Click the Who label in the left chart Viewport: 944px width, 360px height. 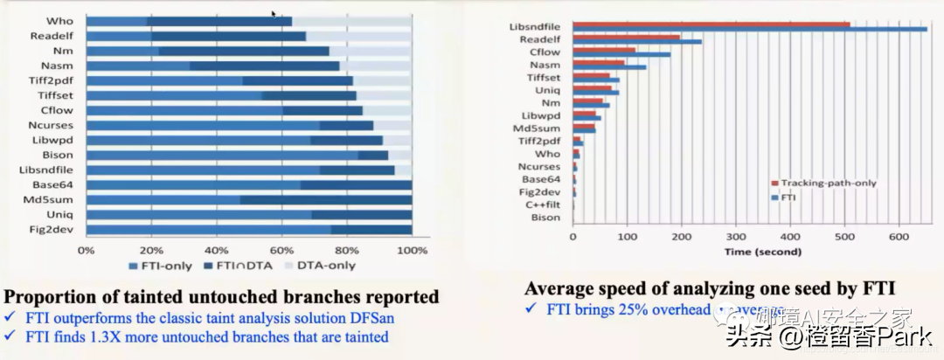click(x=61, y=21)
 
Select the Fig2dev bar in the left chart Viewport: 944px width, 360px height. click(x=248, y=229)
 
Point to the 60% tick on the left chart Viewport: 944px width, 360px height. click(x=281, y=250)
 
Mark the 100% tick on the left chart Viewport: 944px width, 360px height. click(x=411, y=250)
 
